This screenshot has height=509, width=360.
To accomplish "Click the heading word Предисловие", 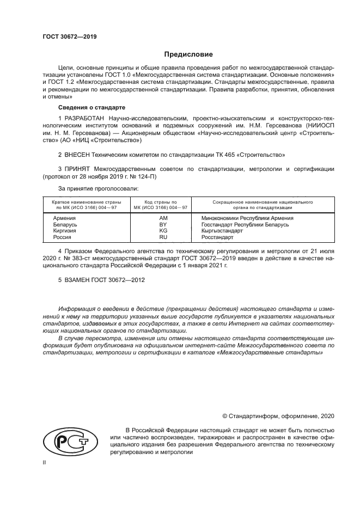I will point(188,54).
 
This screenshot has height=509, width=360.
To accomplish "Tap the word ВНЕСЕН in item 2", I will point(79,155).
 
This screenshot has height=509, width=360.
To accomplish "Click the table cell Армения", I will point(64,218).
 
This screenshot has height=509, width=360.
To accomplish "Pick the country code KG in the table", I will point(162,231).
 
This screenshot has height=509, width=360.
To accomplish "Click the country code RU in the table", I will point(162,237).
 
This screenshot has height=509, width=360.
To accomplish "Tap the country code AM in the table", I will point(162,218).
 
